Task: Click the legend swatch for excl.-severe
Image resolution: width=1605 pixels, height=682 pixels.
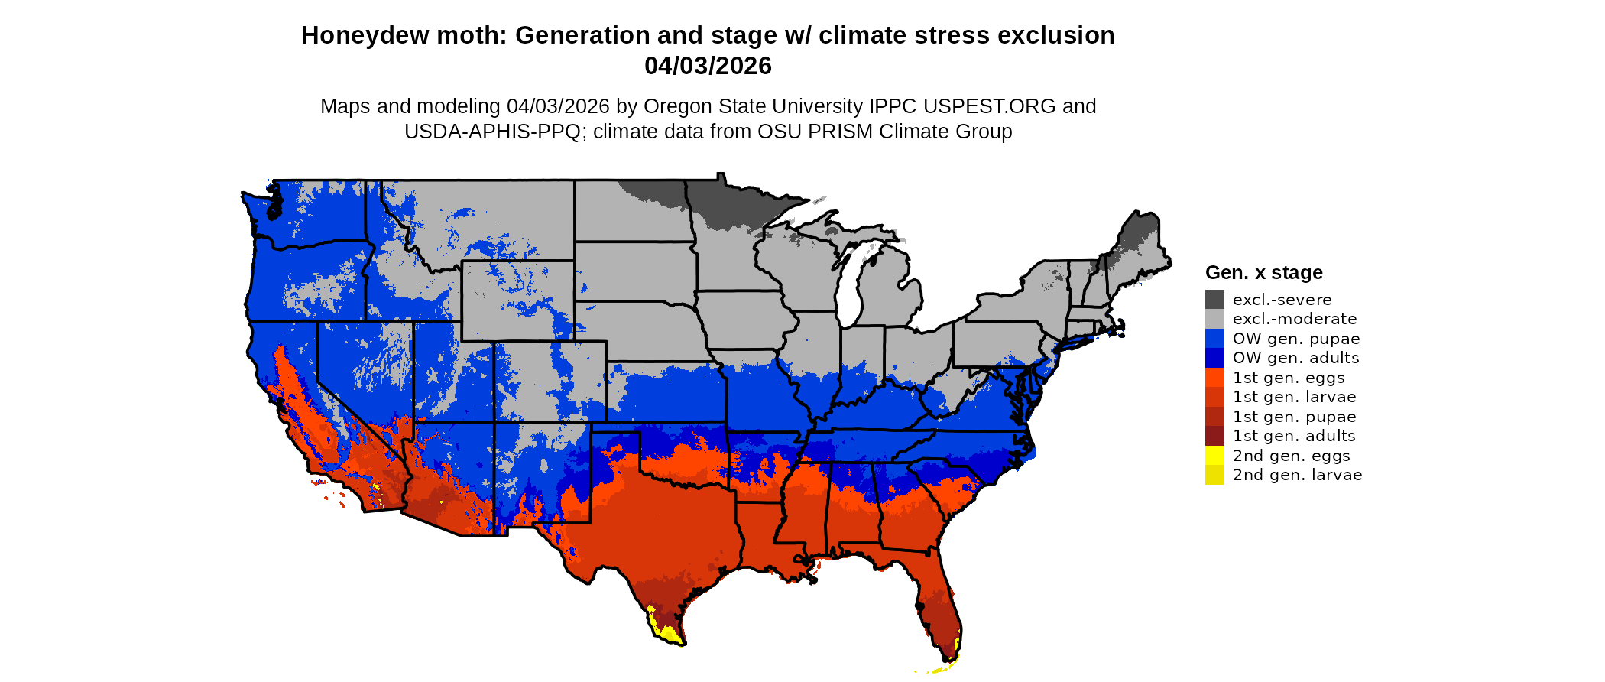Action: point(1214,299)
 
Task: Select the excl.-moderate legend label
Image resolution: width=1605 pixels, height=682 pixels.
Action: point(1295,319)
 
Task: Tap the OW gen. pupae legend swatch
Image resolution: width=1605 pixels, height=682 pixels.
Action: point(1214,338)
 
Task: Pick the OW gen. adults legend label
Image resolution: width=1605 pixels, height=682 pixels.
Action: point(1295,358)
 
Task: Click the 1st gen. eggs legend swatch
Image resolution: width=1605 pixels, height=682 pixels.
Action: point(1214,377)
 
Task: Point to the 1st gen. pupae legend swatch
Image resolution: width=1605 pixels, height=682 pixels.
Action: point(1214,416)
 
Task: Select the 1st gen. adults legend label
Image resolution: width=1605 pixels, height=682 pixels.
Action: point(1294,436)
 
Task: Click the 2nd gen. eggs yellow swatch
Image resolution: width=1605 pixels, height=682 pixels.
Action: point(1214,455)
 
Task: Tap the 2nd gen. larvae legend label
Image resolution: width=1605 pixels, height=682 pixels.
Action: point(1297,475)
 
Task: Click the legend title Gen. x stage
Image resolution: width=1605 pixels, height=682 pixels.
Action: point(1263,272)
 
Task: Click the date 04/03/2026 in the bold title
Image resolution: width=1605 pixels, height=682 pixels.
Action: point(708,66)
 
